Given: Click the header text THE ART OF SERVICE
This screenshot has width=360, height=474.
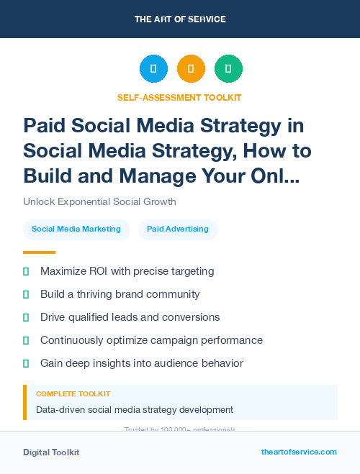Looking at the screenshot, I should (x=180, y=19).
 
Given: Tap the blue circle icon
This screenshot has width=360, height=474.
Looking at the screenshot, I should (x=153, y=68).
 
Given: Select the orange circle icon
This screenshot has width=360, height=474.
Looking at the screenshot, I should (x=191, y=68).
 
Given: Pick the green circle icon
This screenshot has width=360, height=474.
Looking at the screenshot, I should (x=228, y=68).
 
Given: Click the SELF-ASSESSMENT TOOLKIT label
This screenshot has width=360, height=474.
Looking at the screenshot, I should (x=179, y=97).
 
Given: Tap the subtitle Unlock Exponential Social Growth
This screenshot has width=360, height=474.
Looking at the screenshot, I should (x=99, y=201).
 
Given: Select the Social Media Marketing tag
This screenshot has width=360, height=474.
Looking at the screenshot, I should (x=76, y=229).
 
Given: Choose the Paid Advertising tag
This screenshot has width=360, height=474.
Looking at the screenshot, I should (x=178, y=229).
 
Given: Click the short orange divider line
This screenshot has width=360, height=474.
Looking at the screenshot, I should (x=39, y=252).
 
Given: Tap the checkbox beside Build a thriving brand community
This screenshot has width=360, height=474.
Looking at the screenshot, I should (x=26, y=294).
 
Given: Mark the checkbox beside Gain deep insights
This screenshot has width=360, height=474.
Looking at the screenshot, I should (x=26, y=363).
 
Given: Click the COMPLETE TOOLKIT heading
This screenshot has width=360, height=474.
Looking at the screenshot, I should (x=73, y=394).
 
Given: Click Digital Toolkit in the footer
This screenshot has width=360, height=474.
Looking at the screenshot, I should (x=51, y=452).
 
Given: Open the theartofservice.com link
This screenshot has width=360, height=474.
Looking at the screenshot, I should (x=299, y=452).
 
